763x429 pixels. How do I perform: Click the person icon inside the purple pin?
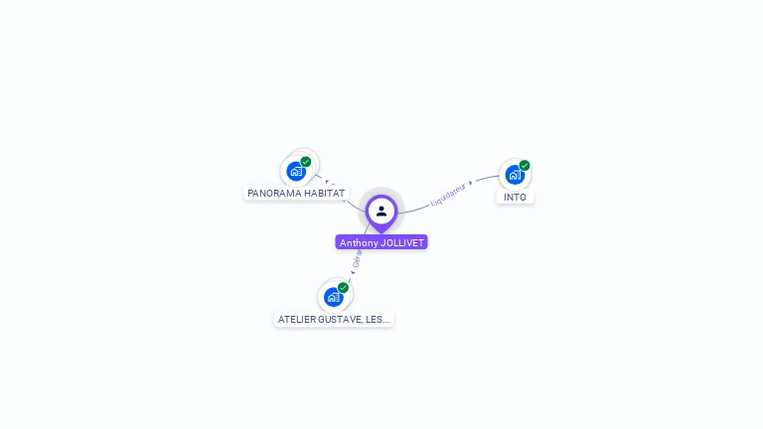(381, 211)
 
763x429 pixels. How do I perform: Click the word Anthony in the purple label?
(358, 242)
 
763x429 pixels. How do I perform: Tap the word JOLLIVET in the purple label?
(402, 242)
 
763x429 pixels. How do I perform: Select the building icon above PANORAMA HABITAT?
(296, 172)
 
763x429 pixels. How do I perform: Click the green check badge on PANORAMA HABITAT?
(306, 162)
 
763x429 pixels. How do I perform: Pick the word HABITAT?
(325, 193)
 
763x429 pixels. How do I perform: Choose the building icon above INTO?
(514, 175)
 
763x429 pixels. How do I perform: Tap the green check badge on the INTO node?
(525, 166)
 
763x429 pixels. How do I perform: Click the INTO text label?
(515, 197)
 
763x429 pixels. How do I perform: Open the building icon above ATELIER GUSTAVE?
(333, 297)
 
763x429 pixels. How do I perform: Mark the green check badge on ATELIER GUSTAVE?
(343, 288)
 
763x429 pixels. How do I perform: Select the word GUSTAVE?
(343, 320)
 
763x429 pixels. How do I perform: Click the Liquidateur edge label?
(448, 194)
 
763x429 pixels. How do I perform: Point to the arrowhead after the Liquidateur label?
(471, 183)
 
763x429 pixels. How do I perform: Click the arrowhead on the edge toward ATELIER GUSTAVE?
(353, 271)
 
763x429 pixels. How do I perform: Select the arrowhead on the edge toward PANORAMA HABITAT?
(327, 182)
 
